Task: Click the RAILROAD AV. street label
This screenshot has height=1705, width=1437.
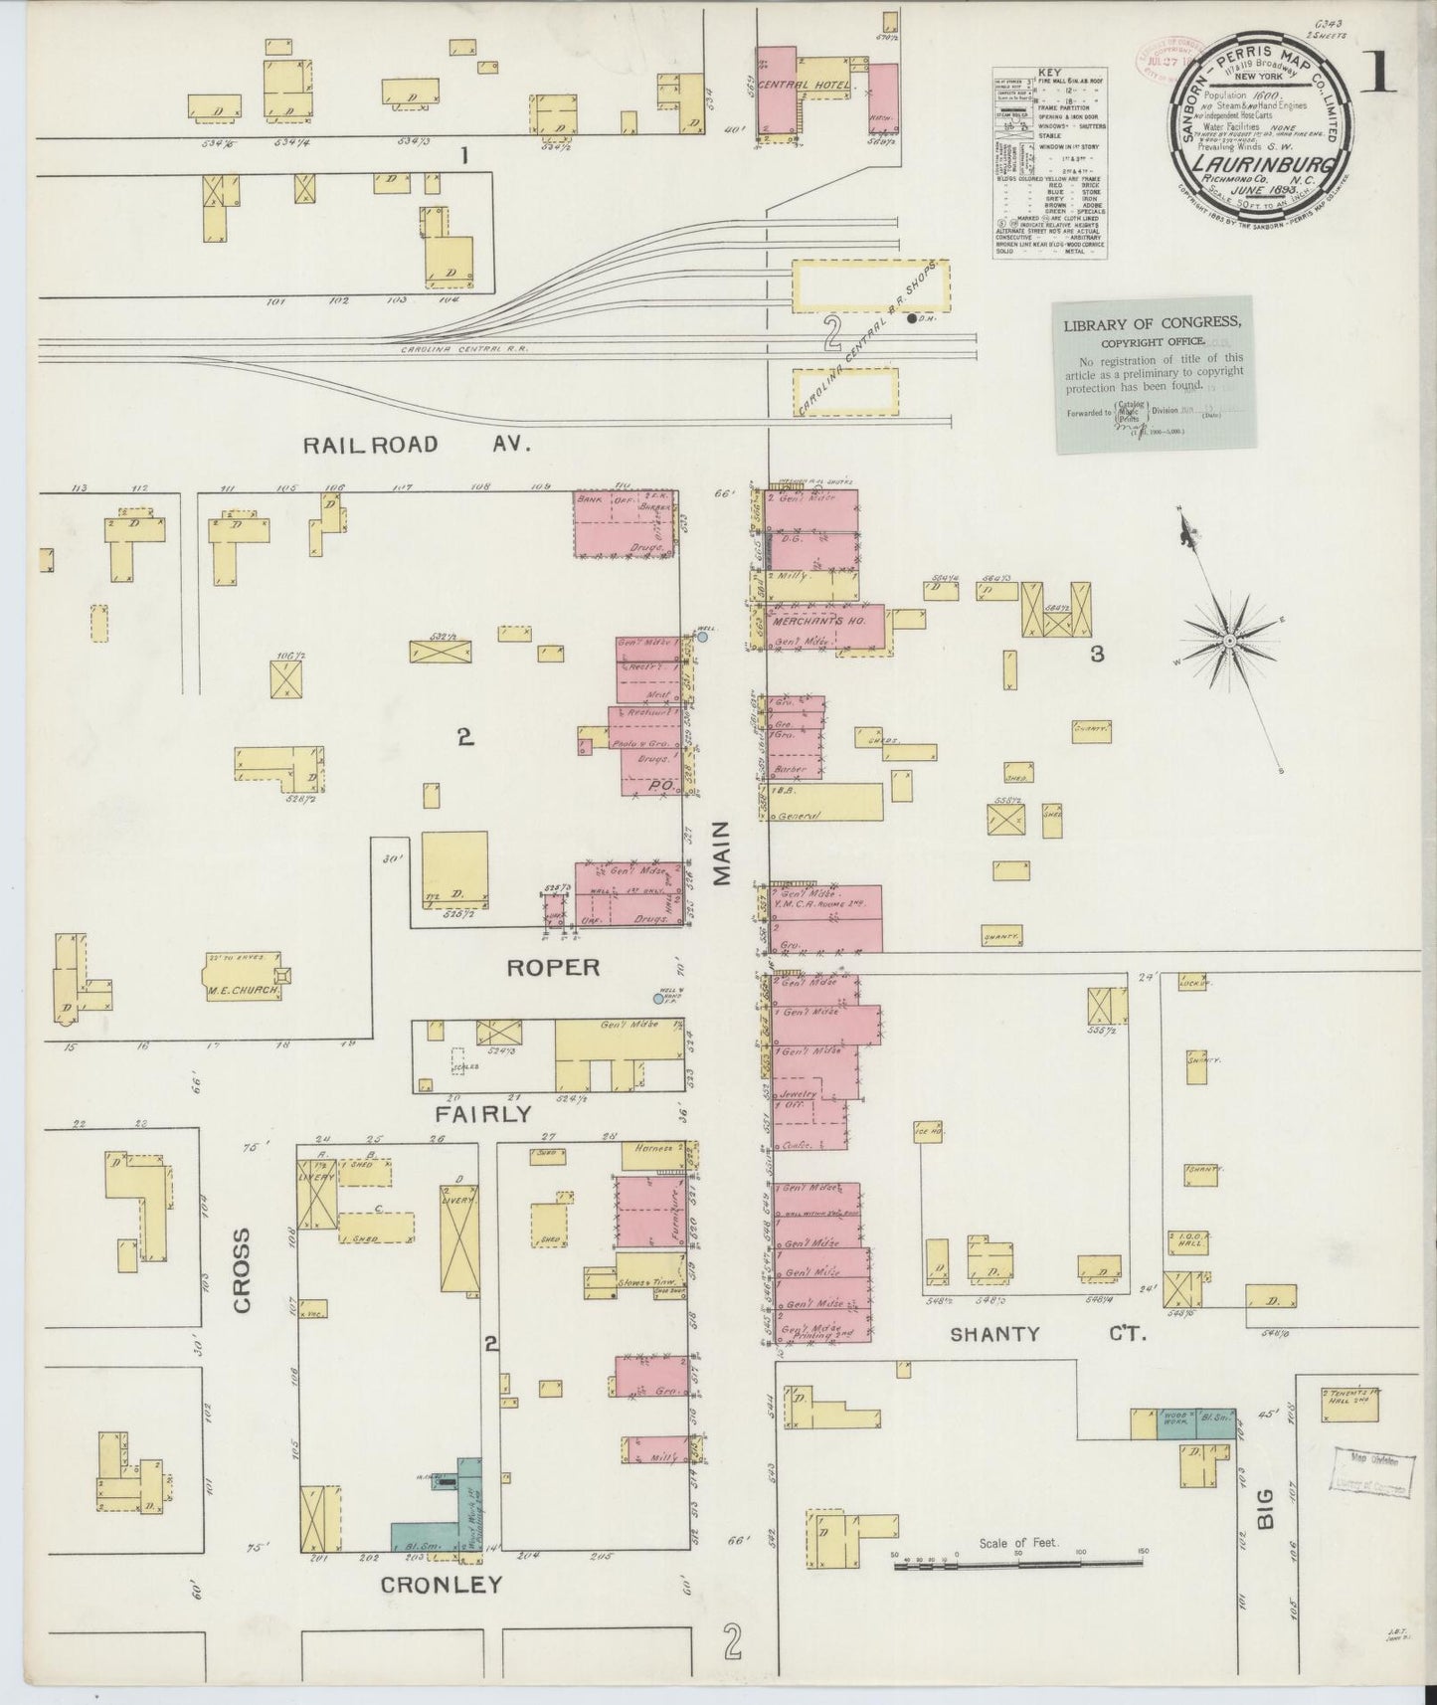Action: click(417, 444)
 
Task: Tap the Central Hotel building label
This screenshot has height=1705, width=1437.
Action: click(804, 86)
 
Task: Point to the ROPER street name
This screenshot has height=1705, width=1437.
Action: click(553, 967)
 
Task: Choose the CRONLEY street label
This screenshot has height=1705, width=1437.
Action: click(442, 1585)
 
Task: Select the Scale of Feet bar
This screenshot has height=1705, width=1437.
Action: click(1019, 1566)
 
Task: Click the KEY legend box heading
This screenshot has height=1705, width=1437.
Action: click(1049, 73)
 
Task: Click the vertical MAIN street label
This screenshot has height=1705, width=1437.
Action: click(722, 852)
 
